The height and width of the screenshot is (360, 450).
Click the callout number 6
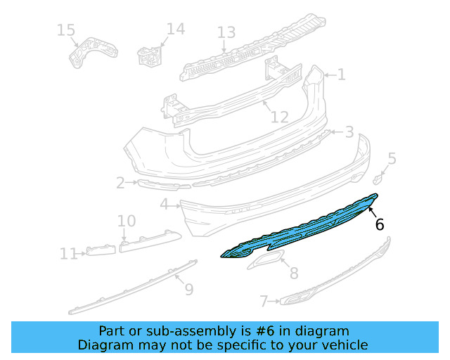pyautogui.click(x=380, y=224)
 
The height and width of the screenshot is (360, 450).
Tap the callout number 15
pyautogui.click(x=65, y=30)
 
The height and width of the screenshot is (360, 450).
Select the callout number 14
pyautogui.click(x=176, y=29)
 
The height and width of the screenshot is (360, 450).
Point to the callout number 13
pyautogui.click(x=226, y=32)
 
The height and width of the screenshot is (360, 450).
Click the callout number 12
pyautogui.click(x=279, y=116)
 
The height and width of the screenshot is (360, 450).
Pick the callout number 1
pyautogui.click(x=341, y=75)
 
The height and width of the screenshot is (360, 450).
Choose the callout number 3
pyautogui.click(x=349, y=132)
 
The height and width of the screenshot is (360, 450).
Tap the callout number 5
pyautogui.click(x=392, y=159)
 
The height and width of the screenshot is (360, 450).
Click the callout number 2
pyautogui.click(x=120, y=184)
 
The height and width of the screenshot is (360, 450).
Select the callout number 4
pyautogui.click(x=164, y=205)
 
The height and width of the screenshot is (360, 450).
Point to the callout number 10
pyautogui.click(x=127, y=221)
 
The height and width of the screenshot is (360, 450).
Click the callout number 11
pyautogui.click(x=68, y=253)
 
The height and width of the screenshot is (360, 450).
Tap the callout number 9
pyautogui.click(x=188, y=288)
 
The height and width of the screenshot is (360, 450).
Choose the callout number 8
pyautogui.click(x=294, y=273)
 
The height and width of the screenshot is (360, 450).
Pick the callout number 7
pyautogui.click(x=264, y=302)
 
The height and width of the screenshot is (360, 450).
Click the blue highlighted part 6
pyautogui.click(x=302, y=229)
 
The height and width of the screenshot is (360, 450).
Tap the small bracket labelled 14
pyautogui.click(x=150, y=55)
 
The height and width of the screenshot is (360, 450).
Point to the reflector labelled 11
pyautogui.click(x=100, y=250)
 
